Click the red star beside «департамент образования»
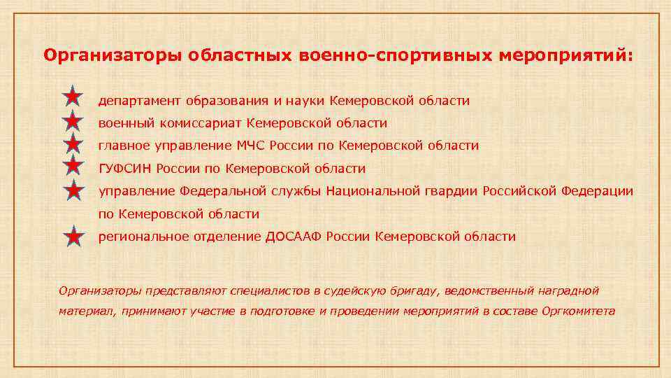pyautogui.click(x=72, y=99)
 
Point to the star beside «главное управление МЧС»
pyautogui.click(x=72, y=144)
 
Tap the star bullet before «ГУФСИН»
pyautogui.click(x=72, y=167)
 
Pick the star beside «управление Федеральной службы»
pyautogui.click(x=72, y=190)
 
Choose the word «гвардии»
pyautogui.click(x=452, y=191)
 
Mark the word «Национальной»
pyautogui.click(x=373, y=190)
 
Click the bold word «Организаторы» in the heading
pyautogui.click(x=113, y=55)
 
